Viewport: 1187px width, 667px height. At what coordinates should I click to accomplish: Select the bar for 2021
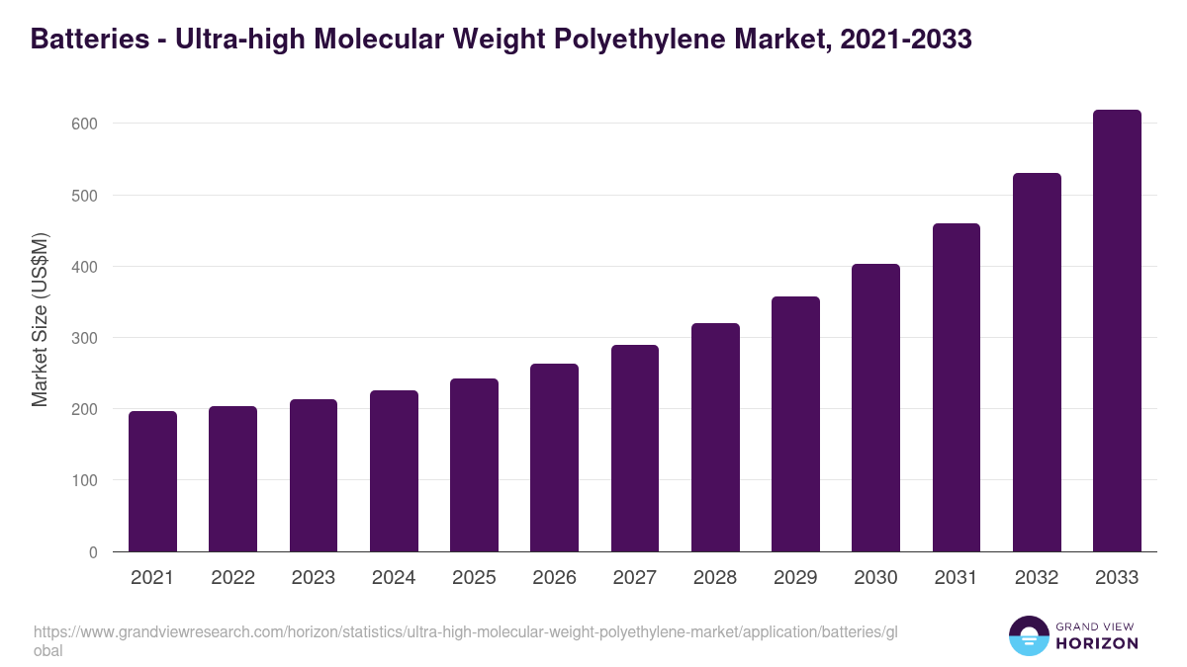tap(152, 481)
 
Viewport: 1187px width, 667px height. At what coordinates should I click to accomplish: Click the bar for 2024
tap(394, 471)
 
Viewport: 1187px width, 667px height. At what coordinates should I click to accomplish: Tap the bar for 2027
tap(635, 449)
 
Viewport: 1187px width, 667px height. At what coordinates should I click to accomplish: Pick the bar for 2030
tap(876, 408)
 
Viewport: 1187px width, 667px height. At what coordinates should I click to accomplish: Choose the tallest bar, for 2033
tap(1117, 331)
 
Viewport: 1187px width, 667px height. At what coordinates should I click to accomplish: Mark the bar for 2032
tap(1037, 363)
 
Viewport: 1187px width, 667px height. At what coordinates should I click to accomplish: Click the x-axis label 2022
tap(232, 578)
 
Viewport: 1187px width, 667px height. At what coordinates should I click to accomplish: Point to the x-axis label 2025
tap(474, 578)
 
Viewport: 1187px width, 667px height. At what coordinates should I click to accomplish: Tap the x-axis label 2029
tap(795, 578)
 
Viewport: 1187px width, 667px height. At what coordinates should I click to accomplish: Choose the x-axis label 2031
tap(957, 578)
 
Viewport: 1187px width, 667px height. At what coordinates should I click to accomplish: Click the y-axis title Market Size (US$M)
tap(41, 319)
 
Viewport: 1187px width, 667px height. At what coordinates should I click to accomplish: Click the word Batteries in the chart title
tap(85, 39)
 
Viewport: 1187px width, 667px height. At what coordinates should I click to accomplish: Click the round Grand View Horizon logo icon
tap(1028, 635)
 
